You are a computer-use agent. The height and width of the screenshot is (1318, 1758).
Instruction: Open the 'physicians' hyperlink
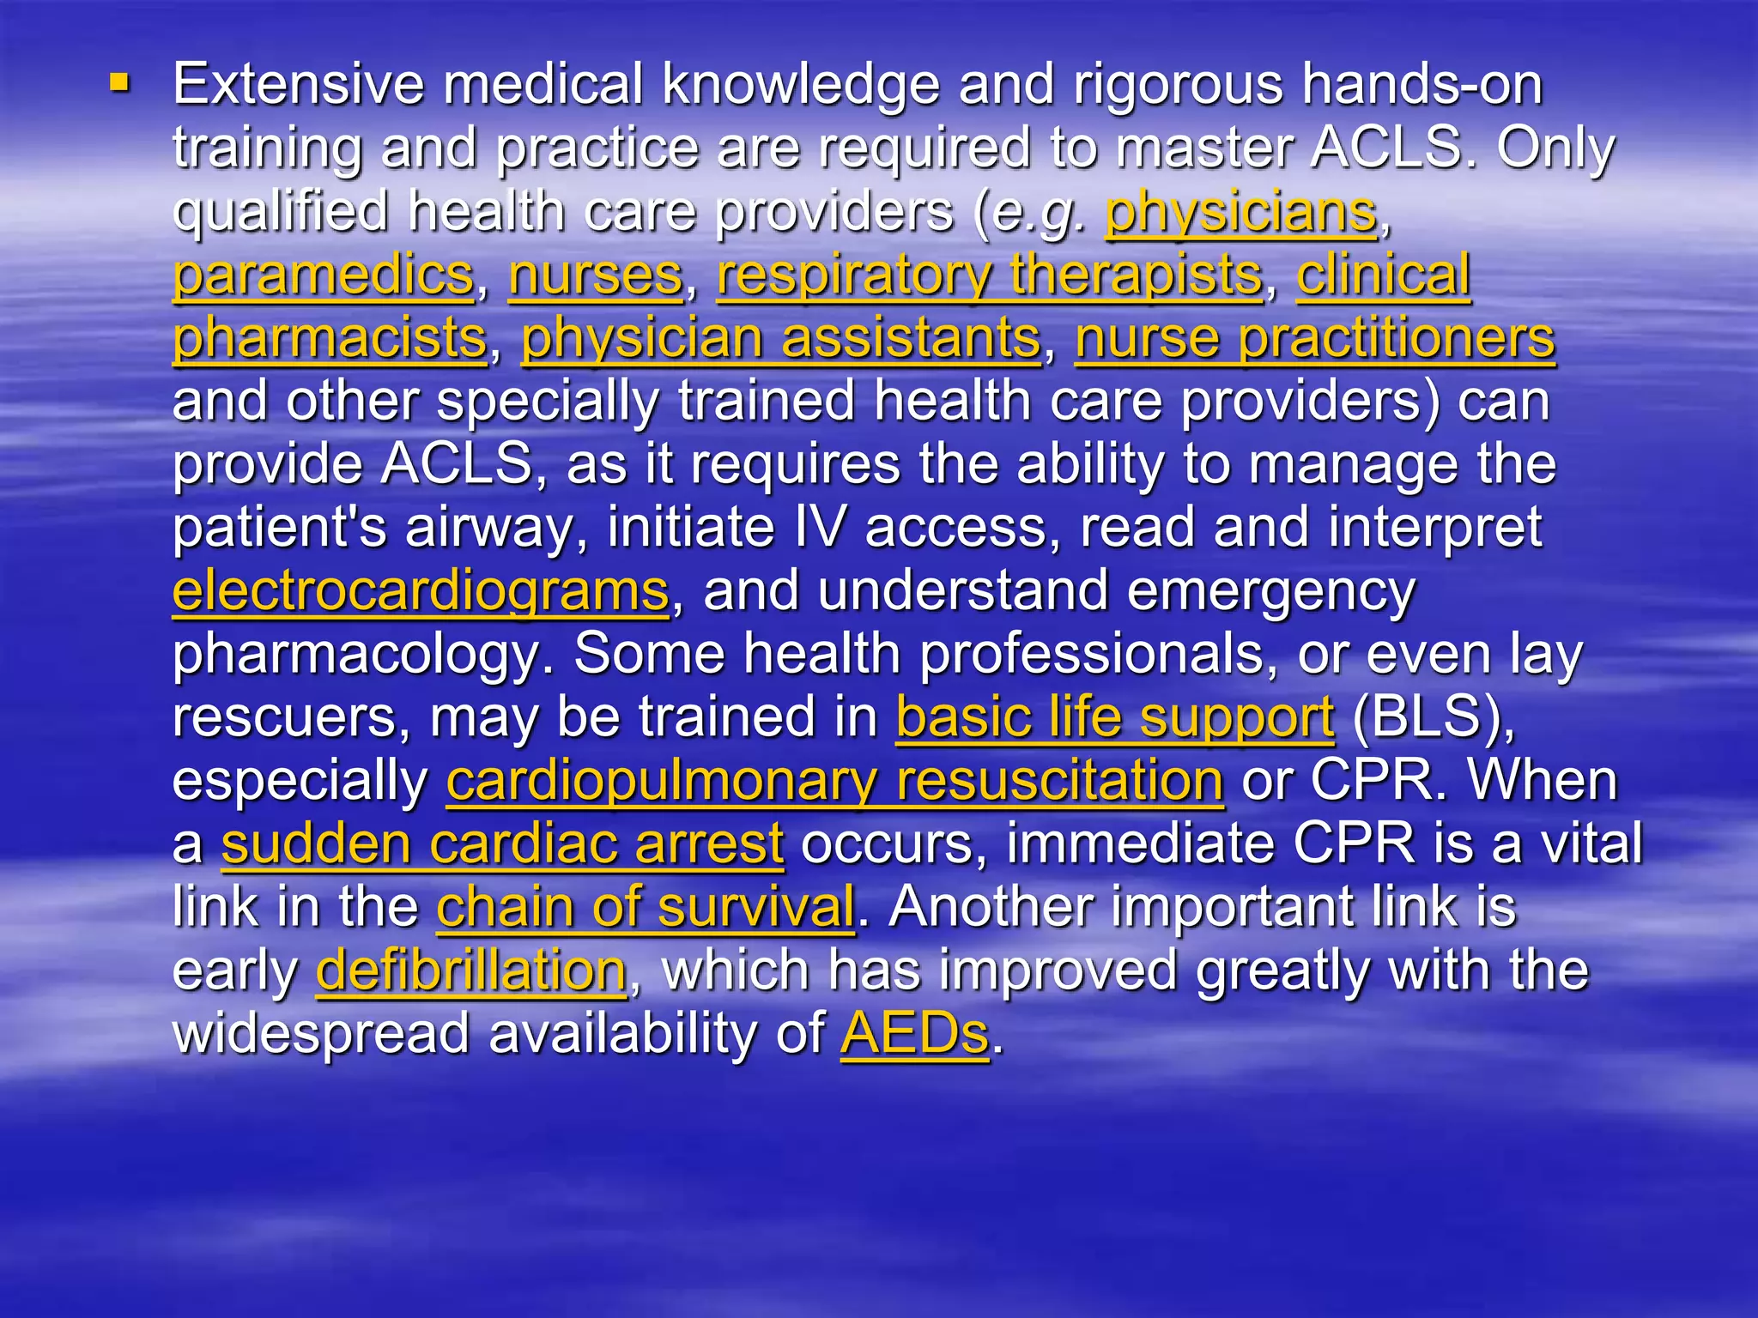[1240, 211]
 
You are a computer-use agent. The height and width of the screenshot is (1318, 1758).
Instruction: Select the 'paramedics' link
[324, 275]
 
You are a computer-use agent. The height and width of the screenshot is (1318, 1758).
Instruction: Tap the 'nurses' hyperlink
[596, 275]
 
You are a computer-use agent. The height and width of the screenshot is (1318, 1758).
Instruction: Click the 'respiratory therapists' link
[990, 275]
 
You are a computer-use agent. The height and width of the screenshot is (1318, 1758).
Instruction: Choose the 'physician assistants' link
[781, 338]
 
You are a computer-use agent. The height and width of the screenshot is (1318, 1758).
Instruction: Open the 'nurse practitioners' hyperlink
[1314, 338]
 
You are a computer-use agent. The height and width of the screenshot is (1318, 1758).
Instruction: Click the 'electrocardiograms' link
[421, 591]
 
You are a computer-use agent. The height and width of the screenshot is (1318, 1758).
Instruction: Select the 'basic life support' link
[1115, 717]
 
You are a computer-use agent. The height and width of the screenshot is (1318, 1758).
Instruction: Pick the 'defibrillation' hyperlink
[471, 970]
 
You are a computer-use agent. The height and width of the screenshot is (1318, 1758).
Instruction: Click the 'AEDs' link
[914, 1033]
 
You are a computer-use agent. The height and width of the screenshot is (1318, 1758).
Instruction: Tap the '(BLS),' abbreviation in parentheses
[1433, 717]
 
